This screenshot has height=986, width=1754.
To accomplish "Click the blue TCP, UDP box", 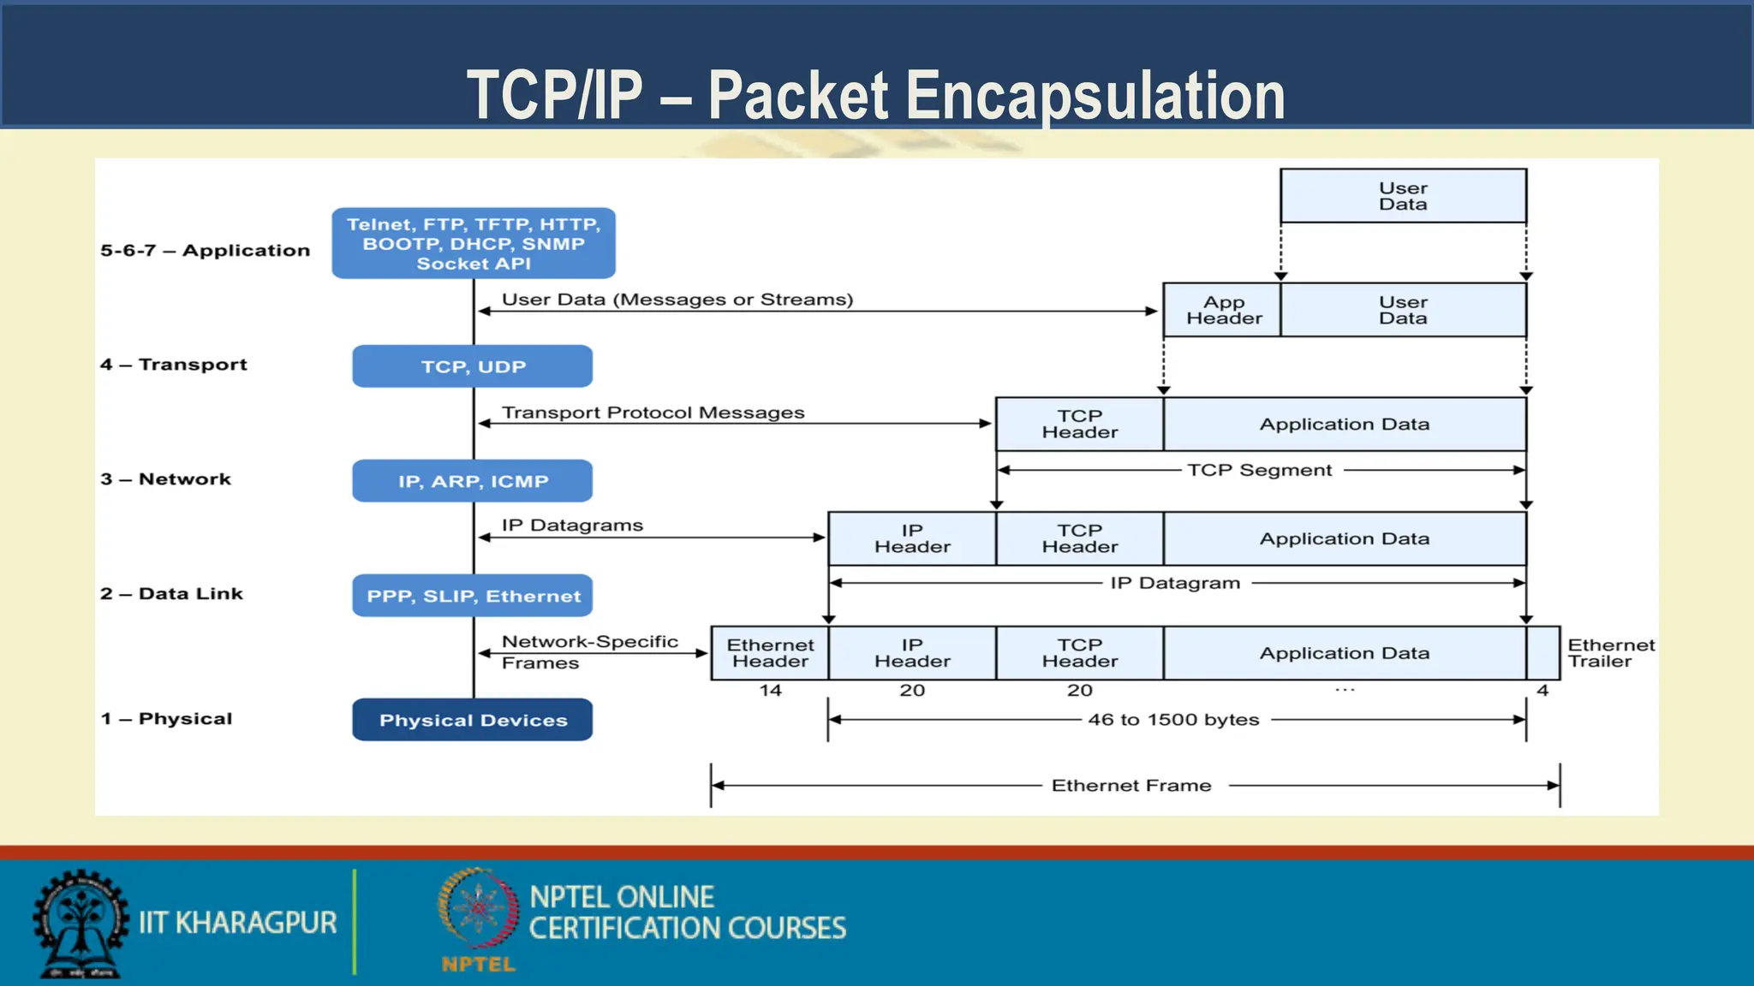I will point(472,366).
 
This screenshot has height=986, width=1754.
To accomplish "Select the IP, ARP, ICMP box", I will point(472,481).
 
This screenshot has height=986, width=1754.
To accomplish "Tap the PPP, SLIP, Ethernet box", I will point(472,596).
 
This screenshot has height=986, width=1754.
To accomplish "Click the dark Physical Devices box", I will point(472,720).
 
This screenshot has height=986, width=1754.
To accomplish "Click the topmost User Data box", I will point(1402,196).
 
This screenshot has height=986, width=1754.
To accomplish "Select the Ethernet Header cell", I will point(770,653).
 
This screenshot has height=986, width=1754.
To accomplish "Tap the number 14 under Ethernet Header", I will point(770,690).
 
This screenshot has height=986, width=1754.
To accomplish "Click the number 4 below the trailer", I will point(1542,690).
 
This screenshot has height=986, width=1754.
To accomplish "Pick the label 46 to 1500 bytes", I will point(1173,720).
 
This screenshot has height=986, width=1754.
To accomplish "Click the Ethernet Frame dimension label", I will point(1131,786).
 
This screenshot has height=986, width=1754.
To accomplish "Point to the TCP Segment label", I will point(1259,470).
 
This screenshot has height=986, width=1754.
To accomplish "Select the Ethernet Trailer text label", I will point(1609,653).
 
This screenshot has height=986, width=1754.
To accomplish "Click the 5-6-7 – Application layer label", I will point(205,251).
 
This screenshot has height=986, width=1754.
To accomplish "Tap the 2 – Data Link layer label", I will point(171,594).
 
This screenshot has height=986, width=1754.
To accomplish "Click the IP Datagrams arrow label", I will point(572,526).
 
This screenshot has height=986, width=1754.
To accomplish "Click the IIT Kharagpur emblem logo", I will point(80,924).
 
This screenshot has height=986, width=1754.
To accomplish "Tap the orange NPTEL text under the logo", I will point(478,965).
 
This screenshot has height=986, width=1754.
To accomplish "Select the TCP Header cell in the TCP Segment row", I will point(1079,424).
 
